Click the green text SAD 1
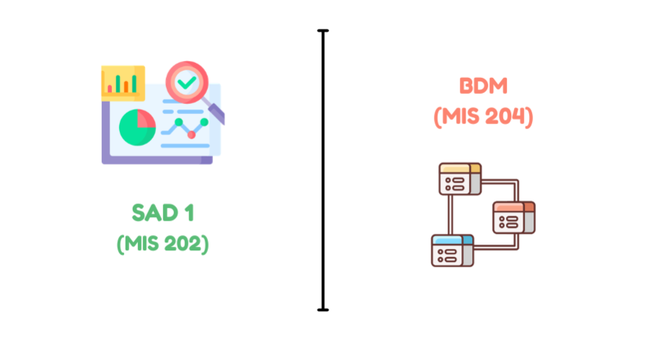pos(162,213)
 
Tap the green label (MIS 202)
pos(162,244)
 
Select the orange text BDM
pos(483,86)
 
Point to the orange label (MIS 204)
pos(483,116)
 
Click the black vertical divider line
pos(323,170)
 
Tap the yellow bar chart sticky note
pos(123,83)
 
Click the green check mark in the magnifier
pos(187,82)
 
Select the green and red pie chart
pos(137,128)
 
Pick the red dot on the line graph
pos(191,135)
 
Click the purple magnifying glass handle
pos(217,113)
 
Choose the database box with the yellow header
pos(460,179)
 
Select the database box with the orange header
pos(514,218)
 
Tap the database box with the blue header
pos(453,250)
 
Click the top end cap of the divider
pos(323,30)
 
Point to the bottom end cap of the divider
pos(323,309)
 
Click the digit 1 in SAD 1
pos(189,213)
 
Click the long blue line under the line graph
pos(185,146)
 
